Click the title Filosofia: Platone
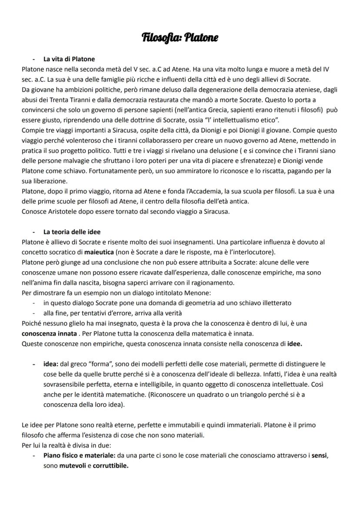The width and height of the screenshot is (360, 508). [180, 38]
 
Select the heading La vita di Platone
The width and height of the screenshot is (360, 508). [69, 59]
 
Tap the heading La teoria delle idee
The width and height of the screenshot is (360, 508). [72, 232]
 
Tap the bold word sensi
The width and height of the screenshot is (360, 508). [320, 455]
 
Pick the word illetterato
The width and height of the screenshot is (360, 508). [274, 302]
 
